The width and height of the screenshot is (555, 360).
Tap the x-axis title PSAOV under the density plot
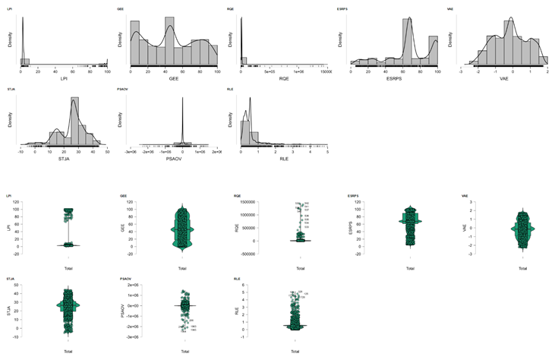pos(174,159)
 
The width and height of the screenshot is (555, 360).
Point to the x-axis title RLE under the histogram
pos(284,159)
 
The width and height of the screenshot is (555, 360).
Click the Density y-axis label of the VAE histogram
pos(458,39)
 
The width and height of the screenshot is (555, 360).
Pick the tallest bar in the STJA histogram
pos(74,118)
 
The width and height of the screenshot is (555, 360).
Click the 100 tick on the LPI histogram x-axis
pos(107,70)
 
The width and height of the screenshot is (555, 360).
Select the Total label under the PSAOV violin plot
pos(182,351)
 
